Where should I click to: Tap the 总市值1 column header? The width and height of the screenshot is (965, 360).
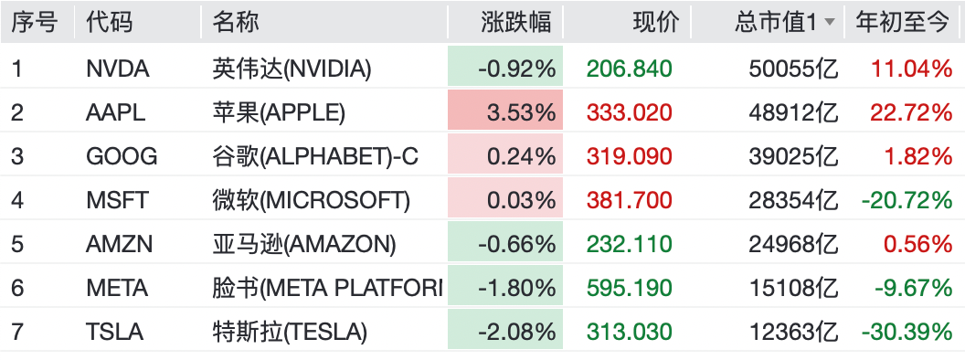click(x=775, y=22)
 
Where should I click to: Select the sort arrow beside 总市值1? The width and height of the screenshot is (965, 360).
click(x=829, y=23)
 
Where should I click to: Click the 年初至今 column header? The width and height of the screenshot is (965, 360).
click(x=902, y=22)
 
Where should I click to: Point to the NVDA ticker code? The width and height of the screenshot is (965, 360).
click(x=118, y=69)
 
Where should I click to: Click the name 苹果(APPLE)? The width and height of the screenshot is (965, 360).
click(x=279, y=112)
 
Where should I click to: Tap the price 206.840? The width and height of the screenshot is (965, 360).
click(x=629, y=69)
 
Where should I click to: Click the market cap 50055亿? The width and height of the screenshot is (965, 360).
click(x=794, y=69)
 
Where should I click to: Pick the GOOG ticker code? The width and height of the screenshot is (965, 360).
click(x=122, y=157)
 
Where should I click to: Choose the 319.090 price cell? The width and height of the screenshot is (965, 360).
click(x=629, y=157)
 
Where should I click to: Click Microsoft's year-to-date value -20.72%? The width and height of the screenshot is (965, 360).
click(x=907, y=201)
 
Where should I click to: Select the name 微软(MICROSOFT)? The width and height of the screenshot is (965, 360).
click(x=311, y=201)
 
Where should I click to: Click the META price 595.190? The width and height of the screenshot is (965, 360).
click(x=629, y=289)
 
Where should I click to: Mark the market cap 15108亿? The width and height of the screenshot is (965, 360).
click(x=794, y=289)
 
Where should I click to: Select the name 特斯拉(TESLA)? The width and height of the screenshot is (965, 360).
click(x=290, y=333)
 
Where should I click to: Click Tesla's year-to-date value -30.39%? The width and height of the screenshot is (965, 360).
click(x=907, y=333)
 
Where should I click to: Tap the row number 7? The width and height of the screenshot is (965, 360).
click(x=17, y=333)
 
